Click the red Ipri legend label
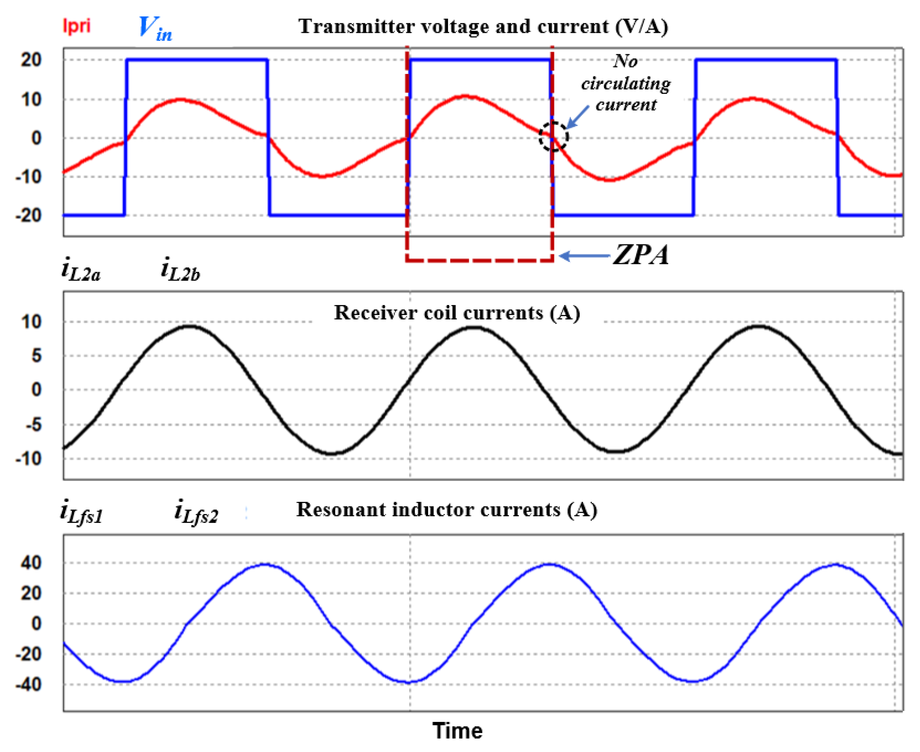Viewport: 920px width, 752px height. coord(77,26)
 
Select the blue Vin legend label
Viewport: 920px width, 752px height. coord(155,29)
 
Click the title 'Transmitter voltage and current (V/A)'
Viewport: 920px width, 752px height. coord(483,27)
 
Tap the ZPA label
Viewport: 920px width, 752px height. coord(641,255)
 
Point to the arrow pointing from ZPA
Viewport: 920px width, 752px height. coord(585,256)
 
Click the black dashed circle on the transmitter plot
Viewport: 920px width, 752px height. coord(553,137)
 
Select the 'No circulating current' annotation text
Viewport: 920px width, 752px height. coord(625,83)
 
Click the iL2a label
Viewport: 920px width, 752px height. coord(81,270)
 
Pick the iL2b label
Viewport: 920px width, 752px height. coord(180,270)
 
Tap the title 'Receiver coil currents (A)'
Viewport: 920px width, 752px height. coord(457,313)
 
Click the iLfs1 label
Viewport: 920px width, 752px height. coord(82,512)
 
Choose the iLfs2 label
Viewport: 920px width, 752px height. coord(196,512)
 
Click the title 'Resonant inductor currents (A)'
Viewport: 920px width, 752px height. coord(447,510)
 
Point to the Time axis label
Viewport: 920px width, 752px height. coord(457,731)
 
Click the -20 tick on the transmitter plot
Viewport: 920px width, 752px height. coord(29,215)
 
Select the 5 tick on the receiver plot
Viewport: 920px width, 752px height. coord(36,356)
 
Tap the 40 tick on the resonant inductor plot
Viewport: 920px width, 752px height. coord(31,563)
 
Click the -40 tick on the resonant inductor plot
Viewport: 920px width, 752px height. coord(29,685)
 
